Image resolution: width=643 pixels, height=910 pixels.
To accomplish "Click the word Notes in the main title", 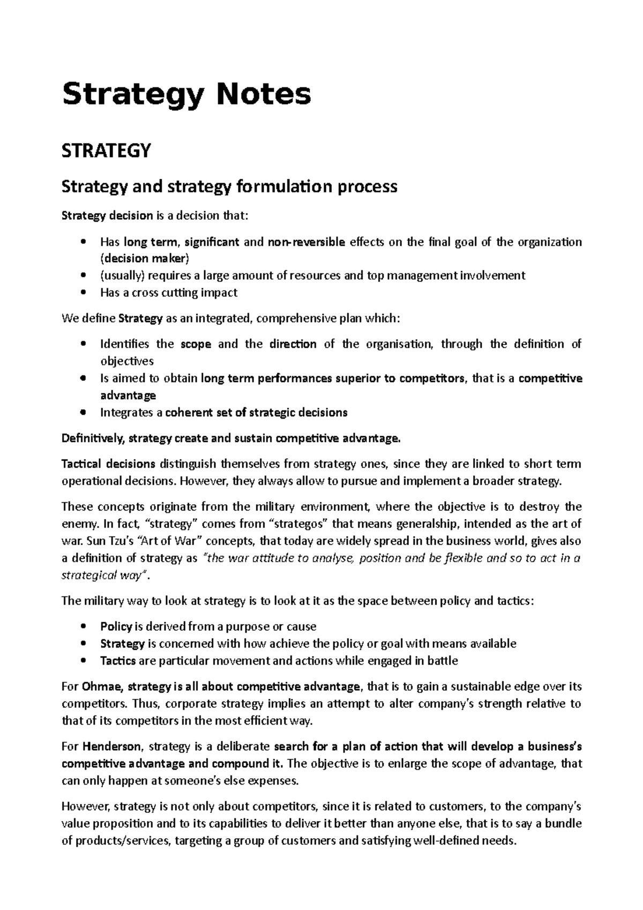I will coord(263,94).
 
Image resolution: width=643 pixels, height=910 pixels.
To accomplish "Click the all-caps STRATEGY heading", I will coord(107,151).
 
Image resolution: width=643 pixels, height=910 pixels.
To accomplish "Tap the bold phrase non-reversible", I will coord(307,242).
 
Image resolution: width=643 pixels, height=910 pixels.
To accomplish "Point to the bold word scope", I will coord(196,344).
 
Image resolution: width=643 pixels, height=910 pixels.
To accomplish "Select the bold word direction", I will coord(293,344).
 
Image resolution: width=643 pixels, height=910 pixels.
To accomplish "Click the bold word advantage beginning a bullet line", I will coord(128,396).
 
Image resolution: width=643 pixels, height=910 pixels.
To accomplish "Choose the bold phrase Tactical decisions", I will coord(109,464).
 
